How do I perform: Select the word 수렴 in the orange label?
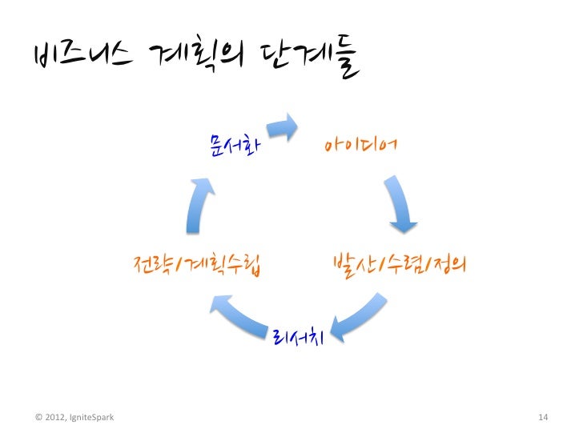[x=401, y=263]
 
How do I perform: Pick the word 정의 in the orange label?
[x=447, y=263]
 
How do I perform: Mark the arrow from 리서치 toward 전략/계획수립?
[x=240, y=314]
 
